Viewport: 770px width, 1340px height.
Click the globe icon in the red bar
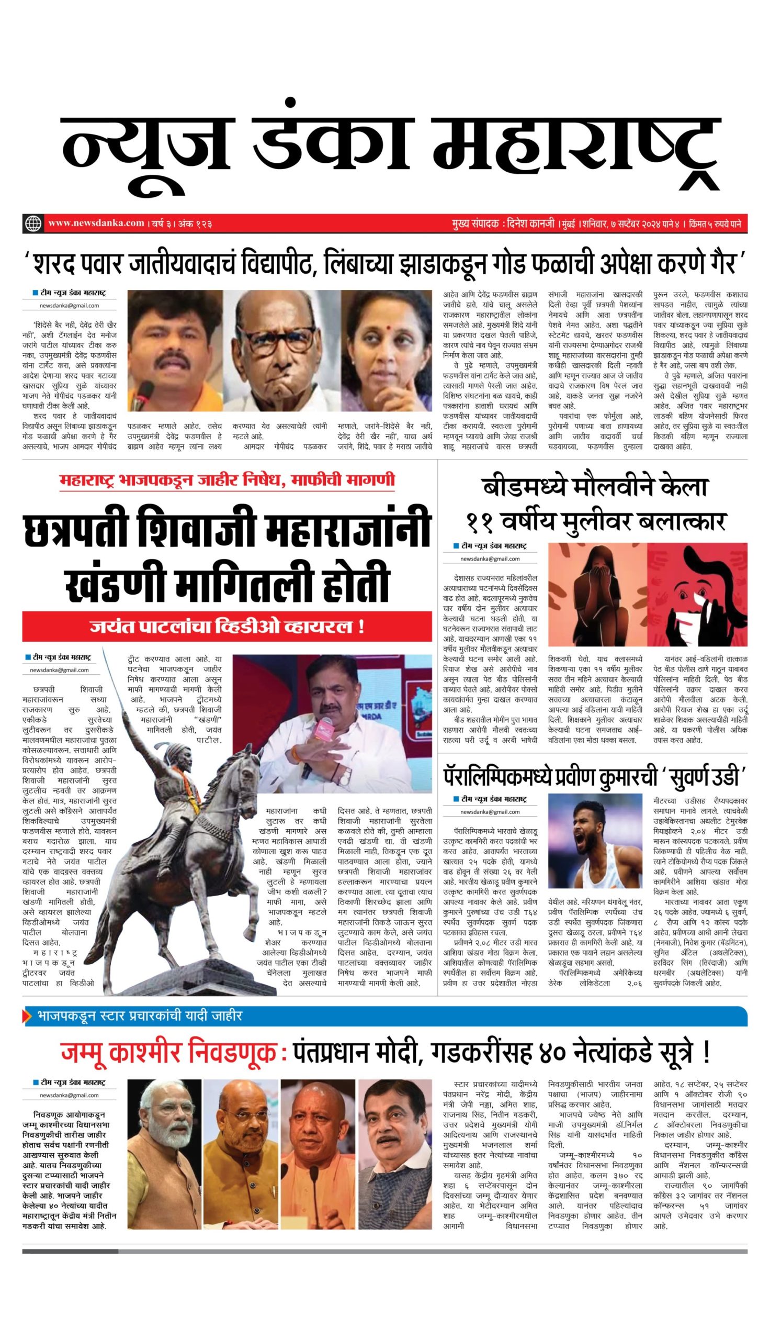[33, 223]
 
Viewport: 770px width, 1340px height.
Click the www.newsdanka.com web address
[96, 223]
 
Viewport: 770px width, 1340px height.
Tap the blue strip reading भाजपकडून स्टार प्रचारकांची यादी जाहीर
[140, 1016]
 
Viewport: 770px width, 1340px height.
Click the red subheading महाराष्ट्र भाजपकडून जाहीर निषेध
[227, 481]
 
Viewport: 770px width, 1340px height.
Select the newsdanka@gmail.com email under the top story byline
[69, 305]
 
